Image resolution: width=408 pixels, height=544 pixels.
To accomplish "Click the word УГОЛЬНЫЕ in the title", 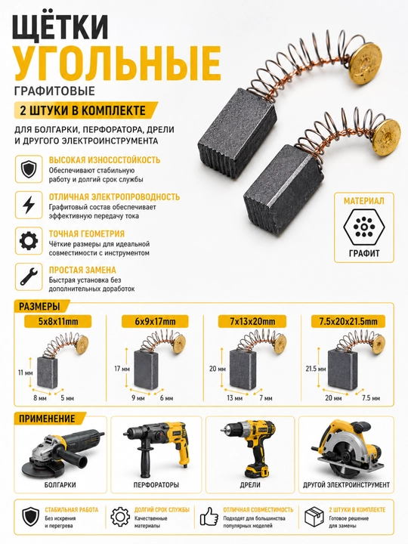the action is (x=117, y=63).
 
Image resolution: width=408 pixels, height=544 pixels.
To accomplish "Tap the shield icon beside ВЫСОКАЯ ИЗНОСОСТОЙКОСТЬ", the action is (x=29, y=169).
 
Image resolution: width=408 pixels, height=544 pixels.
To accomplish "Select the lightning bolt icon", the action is (x=29, y=205).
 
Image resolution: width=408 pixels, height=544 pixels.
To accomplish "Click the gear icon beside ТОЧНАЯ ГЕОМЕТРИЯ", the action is (x=29, y=241).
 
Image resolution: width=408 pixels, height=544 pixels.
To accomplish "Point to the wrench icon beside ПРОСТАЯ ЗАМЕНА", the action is (x=29, y=277).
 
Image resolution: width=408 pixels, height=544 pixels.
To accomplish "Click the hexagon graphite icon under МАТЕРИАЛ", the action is (x=364, y=227).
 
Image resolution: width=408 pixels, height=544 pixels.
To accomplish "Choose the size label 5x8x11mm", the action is (x=58, y=322).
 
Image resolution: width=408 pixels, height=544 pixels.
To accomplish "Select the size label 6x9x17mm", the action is (x=155, y=322).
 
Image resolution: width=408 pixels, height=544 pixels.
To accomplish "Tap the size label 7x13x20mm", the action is (x=252, y=322).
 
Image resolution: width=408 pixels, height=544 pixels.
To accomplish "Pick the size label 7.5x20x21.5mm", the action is (x=348, y=322).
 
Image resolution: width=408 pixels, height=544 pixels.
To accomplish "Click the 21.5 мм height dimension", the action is (x=316, y=369).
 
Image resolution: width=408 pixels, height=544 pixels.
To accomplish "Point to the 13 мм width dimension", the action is (x=234, y=398).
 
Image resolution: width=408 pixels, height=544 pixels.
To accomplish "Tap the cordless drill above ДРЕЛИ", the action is (x=249, y=448).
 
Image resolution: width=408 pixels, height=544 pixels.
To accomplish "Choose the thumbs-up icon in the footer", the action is (x=209, y=517).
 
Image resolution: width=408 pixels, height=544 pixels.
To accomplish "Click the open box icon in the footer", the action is (x=314, y=517).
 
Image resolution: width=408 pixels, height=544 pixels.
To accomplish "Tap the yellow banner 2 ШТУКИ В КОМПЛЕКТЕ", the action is (x=85, y=110).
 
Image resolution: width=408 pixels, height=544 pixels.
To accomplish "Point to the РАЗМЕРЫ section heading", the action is (x=39, y=307).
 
